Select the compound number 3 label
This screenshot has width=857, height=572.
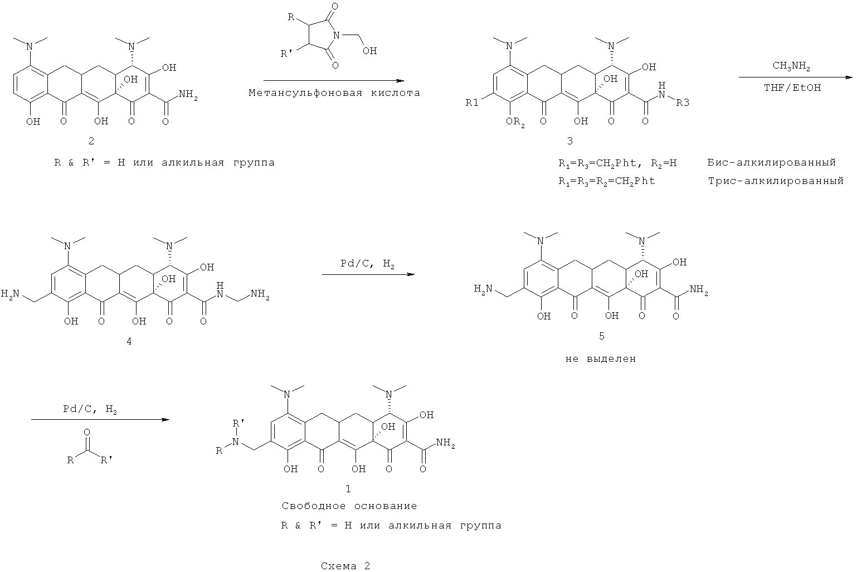click(569, 141)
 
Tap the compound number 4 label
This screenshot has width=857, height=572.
click(129, 341)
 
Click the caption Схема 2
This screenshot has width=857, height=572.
click(345, 566)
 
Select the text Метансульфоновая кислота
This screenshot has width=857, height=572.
click(334, 93)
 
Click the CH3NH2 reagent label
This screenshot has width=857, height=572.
click(791, 66)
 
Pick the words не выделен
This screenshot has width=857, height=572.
click(601, 359)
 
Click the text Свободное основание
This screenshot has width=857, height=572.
click(349, 506)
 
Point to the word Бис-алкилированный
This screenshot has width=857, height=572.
click(772, 163)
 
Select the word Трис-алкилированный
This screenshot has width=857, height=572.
click(776, 181)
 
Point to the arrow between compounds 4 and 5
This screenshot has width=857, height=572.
click(368, 274)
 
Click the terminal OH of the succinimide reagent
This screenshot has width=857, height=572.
click(369, 51)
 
